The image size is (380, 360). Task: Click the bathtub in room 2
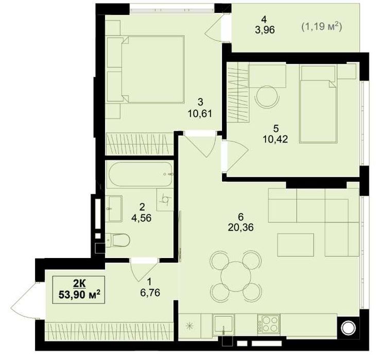(x=141, y=174)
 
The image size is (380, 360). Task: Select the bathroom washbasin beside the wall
(x=114, y=209)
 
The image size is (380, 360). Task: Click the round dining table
(x=235, y=276)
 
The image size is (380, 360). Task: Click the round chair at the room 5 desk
(x=267, y=97)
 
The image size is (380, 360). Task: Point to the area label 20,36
(x=240, y=228)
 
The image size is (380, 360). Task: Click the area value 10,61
(x=200, y=113)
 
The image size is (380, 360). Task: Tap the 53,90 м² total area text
(x=79, y=295)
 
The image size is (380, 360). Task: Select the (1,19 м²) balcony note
(x=322, y=26)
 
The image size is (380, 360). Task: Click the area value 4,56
(x=141, y=218)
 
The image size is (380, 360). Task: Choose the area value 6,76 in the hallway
(x=150, y=293)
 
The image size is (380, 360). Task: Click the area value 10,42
(x=275, y=139)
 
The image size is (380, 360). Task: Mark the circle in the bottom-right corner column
(x=348, y=328)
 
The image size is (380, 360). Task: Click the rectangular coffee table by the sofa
(x=296, y=245)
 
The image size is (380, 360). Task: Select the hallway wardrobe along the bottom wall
(x=110, y=332)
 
